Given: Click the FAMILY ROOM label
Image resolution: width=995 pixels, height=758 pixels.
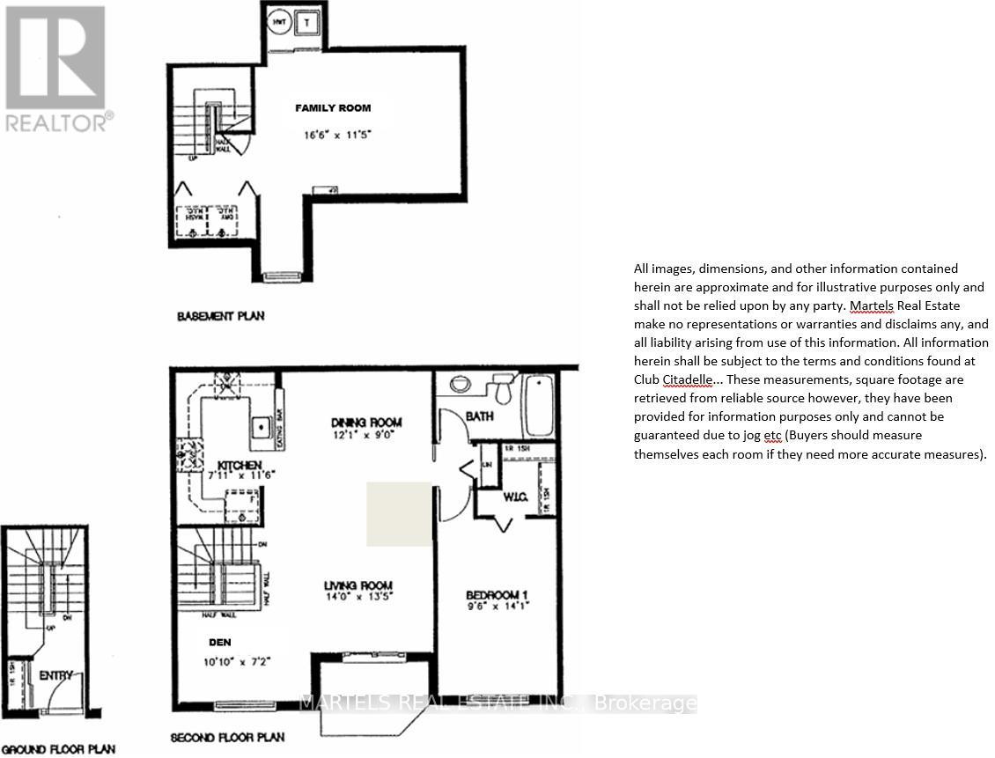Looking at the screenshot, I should (x=332, y=108).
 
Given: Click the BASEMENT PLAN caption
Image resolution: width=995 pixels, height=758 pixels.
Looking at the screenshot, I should (x=220, y=315).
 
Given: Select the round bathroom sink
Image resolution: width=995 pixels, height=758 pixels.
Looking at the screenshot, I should (x=461, y=384).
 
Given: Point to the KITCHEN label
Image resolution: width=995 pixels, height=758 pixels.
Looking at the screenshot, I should (x=227, y=463).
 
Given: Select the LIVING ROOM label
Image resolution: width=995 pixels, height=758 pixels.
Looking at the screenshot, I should (x=357, y=585).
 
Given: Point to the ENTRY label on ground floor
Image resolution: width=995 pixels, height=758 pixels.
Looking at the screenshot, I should (x=55, y=675).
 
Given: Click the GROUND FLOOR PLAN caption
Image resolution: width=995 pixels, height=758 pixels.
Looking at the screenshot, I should (x=58, y=750).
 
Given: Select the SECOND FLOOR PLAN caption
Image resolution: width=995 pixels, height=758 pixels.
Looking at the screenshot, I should (x=227, y=738).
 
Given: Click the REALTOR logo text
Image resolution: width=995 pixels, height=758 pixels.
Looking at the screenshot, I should (x=58, y=123).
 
